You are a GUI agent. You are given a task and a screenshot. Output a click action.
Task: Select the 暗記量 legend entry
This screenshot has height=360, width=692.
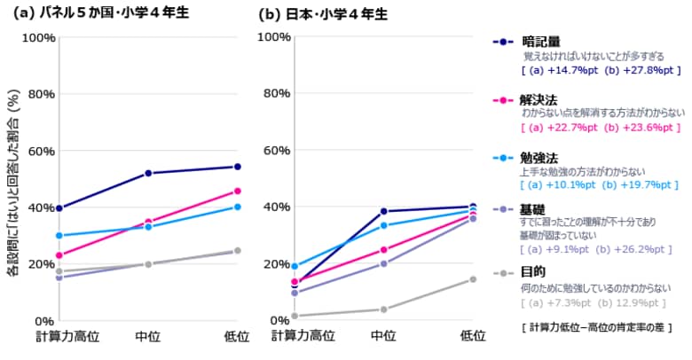point(541,42)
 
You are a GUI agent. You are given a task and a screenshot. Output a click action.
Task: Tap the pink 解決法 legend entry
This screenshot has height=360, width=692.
point(541,100)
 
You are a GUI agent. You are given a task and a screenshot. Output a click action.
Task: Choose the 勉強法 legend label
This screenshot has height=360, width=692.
point(541,157)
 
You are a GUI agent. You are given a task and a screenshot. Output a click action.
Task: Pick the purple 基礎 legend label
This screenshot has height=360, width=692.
point(535,208)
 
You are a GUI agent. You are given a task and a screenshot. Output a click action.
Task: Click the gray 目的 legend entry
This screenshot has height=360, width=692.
point(535,273)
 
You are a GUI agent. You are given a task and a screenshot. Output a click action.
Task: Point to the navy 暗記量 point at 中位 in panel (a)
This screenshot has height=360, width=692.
point(148,173)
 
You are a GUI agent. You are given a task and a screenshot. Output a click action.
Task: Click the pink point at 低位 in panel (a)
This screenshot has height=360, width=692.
point(237,191)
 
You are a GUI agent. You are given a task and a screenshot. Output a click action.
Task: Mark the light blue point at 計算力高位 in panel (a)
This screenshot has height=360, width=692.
point(59,235)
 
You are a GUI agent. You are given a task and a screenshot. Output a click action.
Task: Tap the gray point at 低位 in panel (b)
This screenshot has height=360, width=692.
point(472,279)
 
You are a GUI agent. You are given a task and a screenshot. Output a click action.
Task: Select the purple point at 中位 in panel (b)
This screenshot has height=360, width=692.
point(384,263)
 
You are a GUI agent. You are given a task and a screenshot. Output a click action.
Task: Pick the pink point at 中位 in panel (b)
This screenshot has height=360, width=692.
point(384,249)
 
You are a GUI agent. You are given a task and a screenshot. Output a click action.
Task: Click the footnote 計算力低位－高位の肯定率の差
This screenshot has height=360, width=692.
point(596,327)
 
